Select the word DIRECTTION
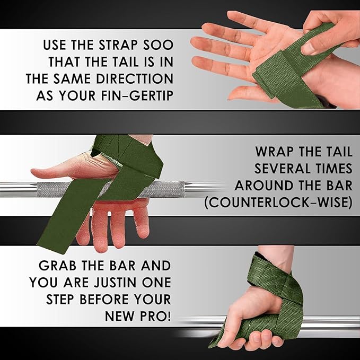(x=135, y=79)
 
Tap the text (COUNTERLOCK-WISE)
(x=278, y=203)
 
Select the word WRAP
(x=275, y=152)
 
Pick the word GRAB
(x=57, y=266)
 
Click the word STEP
(x=60, y=300)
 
